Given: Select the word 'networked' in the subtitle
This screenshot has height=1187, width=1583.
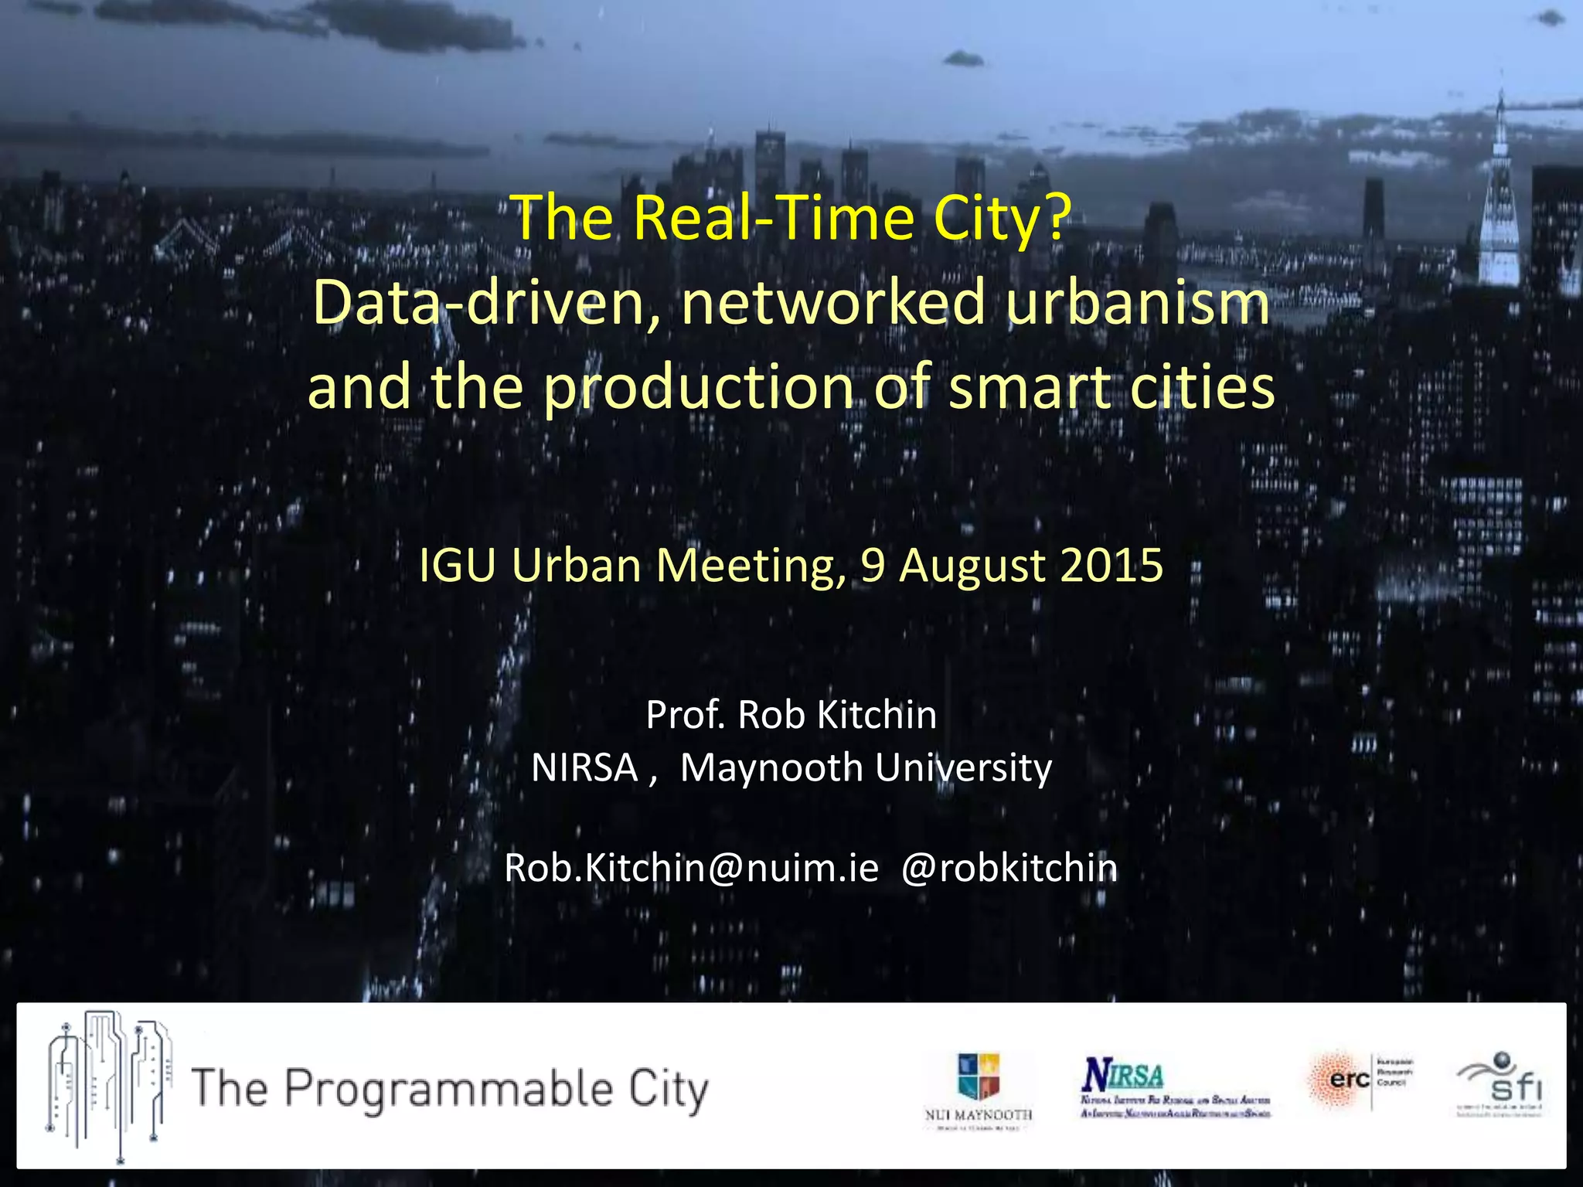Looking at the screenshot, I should tap(833, 303).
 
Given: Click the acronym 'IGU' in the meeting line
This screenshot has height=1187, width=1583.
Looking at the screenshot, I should tap(457, 565).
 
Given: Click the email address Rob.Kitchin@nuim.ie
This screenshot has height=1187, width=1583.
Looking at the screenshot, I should tap(692, 868).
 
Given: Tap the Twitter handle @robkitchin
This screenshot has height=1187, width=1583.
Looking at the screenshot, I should tap(1009, 868).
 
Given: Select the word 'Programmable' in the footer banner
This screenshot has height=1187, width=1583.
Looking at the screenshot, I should tap(449, 1090).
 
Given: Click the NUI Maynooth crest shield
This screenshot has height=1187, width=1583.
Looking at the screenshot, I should tap(979, 1076).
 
